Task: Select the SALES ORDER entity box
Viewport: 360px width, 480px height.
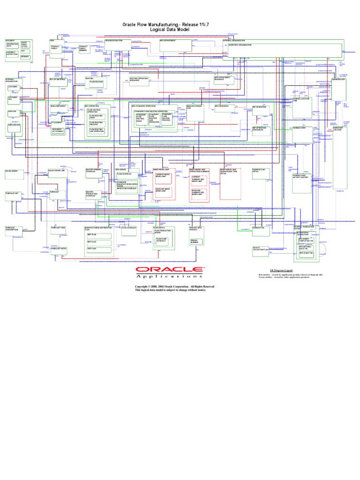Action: tap(13, 172)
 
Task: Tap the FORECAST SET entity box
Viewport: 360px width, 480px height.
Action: tap(13, 193)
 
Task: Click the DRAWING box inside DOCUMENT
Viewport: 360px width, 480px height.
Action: tap(26, 56)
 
